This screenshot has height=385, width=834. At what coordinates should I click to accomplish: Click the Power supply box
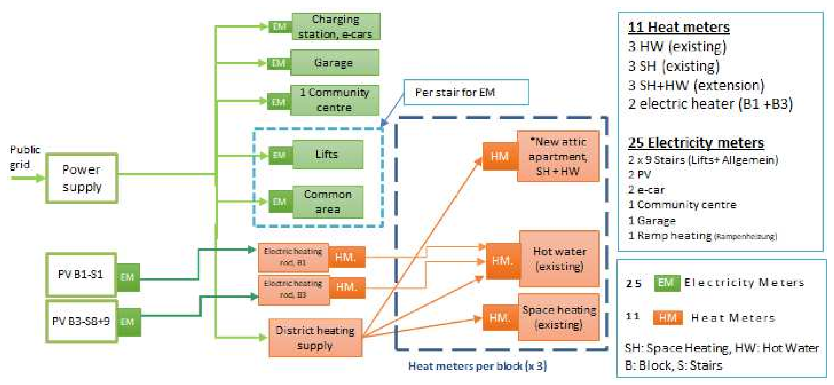pyautogui.click(x=81, y=178)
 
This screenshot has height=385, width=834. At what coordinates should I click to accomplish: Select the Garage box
pyautogui.click(x=334, y=63)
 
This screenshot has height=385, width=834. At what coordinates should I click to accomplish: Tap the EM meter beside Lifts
pyautogui.click(x=280, y=155)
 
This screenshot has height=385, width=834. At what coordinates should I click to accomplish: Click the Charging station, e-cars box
pyautogui.click(x=335, y=26)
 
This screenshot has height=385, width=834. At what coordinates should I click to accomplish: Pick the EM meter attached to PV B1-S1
pyautogui.click(x=127, y=277)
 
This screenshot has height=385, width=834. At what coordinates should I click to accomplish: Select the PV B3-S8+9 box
pyautogui.click(x=81, y=321)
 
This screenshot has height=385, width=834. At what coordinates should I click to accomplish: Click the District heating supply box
pyautogui.click(x=315, y=338)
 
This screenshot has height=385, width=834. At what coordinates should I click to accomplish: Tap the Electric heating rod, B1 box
pyautogui.click(x=293, y=257)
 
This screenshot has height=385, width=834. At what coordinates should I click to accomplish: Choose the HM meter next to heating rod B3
pyautogui.click(x=346, y=287)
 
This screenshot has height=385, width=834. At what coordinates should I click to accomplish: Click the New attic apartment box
pyautogui.click(x=558, y=156)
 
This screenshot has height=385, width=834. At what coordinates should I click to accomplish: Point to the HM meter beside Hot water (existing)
pyautogui.click(x=503, y=261)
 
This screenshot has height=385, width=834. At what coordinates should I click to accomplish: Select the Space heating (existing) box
pyautogui.click(x=559, y=318)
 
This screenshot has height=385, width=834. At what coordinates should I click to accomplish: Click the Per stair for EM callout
pyautogui.click(x=466, y=92)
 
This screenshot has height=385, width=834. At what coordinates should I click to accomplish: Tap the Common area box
pyautogui.click(x=328, y=202)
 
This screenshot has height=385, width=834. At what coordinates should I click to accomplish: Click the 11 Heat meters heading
pyautogui.click(x=678, y=27)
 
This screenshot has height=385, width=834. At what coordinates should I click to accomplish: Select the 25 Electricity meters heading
pyautogui.click(x=696, y=143)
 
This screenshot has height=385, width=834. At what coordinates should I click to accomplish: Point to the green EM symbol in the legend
pyautogui.click(x=666, y=283)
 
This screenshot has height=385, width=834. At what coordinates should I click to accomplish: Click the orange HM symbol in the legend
pyautogui.click(x=668, y=318)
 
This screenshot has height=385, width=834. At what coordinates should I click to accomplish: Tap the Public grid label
pyautogui.click(x=25, y=157)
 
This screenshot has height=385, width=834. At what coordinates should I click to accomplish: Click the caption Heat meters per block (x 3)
pyautogui.click(x=477, y=366)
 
